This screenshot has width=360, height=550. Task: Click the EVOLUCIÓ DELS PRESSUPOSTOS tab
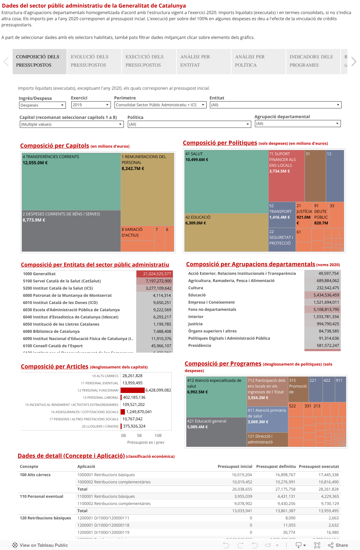(x=94, y=61)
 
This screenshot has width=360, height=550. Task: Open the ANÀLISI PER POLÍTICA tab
(x=258, y=61)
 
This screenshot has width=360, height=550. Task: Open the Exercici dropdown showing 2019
(x=90, y=105)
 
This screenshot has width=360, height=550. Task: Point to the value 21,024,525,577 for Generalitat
(x=155, y=274)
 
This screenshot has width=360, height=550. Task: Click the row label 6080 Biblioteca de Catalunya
(x=51, y=331)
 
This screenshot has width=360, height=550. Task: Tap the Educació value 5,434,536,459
(x=323, y=295)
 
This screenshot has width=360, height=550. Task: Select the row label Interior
(x=196, y=317)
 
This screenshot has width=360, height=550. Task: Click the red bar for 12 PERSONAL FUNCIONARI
(x=132, y=390)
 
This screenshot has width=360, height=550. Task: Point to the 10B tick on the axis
(x=158, y=435)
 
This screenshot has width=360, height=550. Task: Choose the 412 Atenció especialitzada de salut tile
(x=216, y=396)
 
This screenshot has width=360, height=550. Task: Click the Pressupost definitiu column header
(x=276, y=466)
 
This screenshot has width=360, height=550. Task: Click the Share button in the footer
(x=338, y=545)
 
